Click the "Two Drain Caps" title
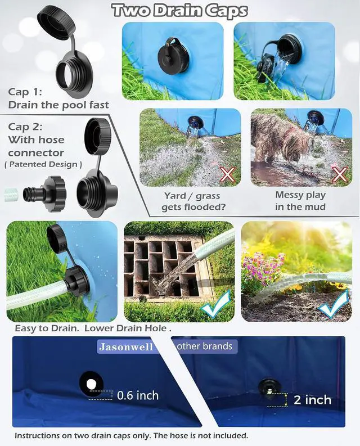pyautogui.click(x=180, y=11)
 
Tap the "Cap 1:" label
pyautogui.click(x=25, y=92)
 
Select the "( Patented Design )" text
pyautogui.click(x=43, y=164)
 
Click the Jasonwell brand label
pyautogui.click(x=126, y=346)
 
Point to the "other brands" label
pyautogui.click(x=205, y=346)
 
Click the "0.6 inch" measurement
pyautogui.click(x=138, y=395)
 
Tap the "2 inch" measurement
pyautogui.click(x=313, y=400)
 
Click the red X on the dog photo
pyautogui.click(x=340, y=174)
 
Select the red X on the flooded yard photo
pyautogui.click(x=227, y=174)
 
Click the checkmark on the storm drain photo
pyautogui.click(x=216, y=305)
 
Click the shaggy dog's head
pyautogui.click(x=298, y=148)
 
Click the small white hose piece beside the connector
pyautogui.click(x=11, y=195)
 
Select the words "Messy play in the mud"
pyautogui.click(x=300, y=201)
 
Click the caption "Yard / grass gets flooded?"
pyautogui.click(x=193, y=201)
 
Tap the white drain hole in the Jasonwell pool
pyautogui.click(x=91, y=385)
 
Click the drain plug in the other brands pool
pyautogui.click(x=269, y=386)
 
